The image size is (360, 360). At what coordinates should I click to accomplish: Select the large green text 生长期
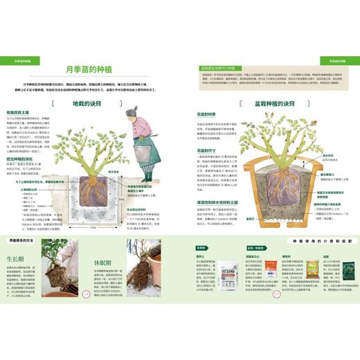tap(15, 259)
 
